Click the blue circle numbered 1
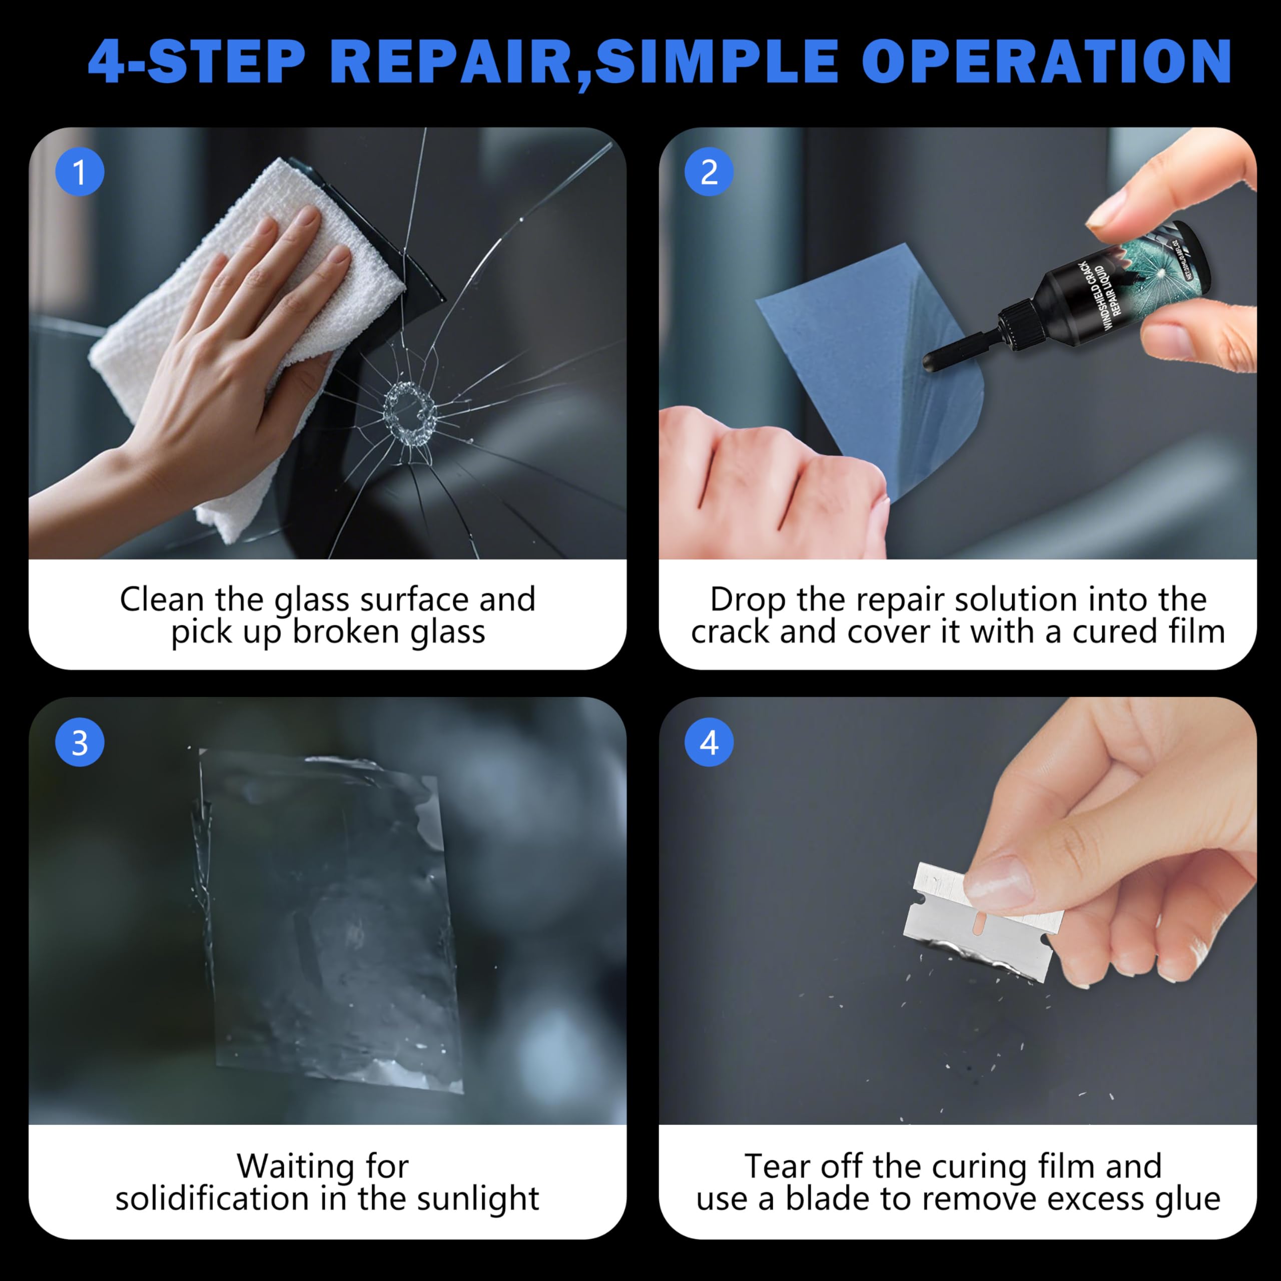click(x=80, y=173)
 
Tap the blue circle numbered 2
click(x=709, y=173)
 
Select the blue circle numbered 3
click(x=80, y=743)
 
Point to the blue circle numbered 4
click(x=709, y=743)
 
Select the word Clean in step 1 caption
click(x=162, y=600)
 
